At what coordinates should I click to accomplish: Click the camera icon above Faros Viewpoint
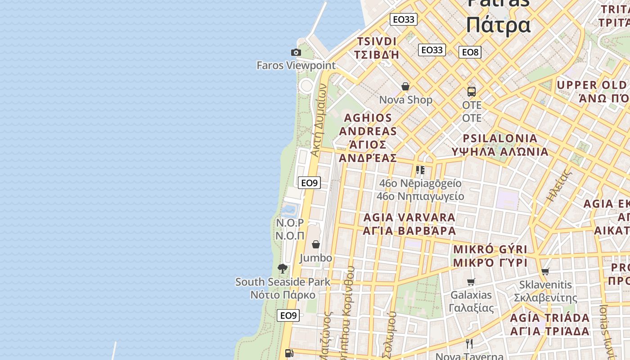pos(296,52)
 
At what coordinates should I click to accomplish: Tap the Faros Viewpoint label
pos(296,65)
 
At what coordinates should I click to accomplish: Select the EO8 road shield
pos(470,52)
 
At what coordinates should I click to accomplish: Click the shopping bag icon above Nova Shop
pos(405,86)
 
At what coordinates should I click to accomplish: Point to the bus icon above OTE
pos(472,92)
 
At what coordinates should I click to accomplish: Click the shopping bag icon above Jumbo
pos(316,244)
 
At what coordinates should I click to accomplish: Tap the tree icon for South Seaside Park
pos(283,269)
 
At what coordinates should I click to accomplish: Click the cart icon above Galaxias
pos(471,282)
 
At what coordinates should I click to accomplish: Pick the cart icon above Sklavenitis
pos(545,271)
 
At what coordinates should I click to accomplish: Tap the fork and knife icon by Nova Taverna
pos(469,344)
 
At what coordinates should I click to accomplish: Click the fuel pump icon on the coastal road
pos(289,353)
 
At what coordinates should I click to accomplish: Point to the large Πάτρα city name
pos(498,25)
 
